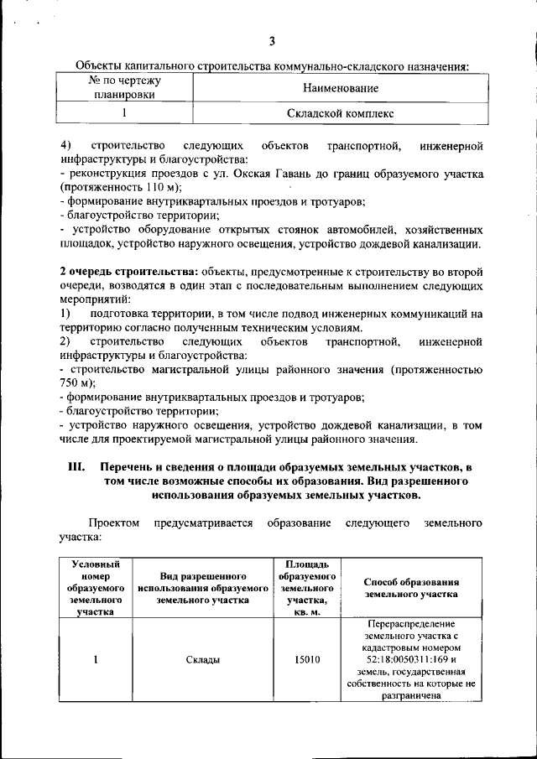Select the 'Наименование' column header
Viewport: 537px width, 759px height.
(339, 88)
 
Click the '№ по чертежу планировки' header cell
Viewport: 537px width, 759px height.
(125, 87)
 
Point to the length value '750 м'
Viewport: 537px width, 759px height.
(74, 382)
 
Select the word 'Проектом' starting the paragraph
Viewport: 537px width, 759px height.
(116, 522)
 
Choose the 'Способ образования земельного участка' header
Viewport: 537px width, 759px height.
(411, 588)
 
